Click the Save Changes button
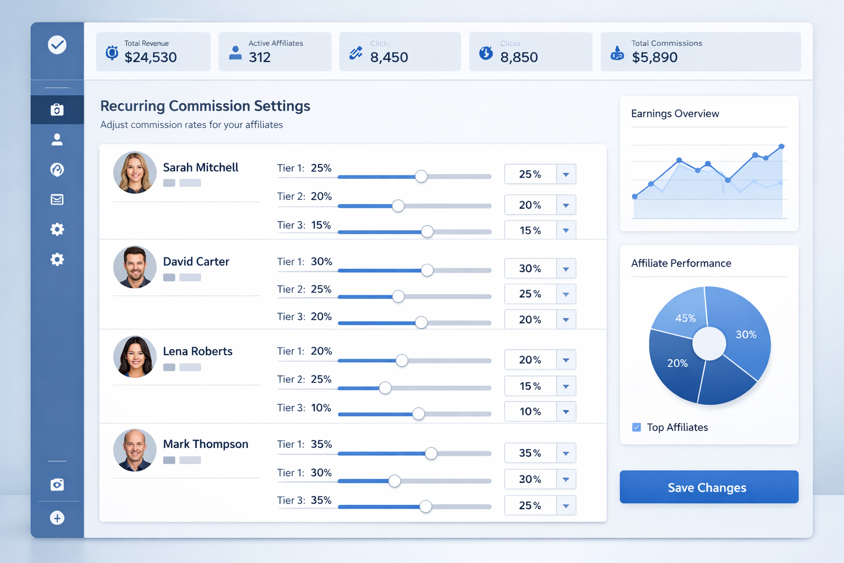point(708,487)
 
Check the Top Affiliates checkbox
point(636,427)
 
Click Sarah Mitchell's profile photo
point(135,173)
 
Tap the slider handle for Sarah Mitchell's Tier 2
point(398,206)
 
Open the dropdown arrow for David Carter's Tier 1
point(565,269)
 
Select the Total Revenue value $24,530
point(151,57)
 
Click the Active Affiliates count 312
point(260,57)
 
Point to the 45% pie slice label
point(685,318)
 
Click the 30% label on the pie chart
point(746,334)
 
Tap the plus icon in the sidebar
point(57,518)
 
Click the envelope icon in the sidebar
point(57,200)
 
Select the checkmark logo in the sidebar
point(57,45)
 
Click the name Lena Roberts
point(197,351)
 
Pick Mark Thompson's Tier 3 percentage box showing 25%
point(530,505)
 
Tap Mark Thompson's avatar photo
point(135,450)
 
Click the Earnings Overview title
point(675,114)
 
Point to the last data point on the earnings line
point(781,147)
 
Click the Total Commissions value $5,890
point(654,57)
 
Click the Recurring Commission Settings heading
point(205,106)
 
